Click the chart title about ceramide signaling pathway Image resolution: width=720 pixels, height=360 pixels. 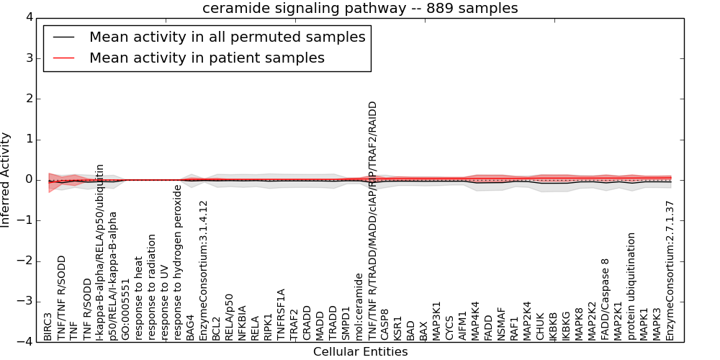click(x=360, y=8)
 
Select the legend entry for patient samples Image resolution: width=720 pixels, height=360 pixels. click(x=207, y=58)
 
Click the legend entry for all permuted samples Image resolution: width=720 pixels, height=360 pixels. click(x=227, y=37)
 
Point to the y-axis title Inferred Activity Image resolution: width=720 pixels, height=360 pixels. click(x=6, y=179)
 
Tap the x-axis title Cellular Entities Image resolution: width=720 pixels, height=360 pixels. click(x=360, y=352)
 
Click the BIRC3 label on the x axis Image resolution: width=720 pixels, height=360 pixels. click(x=48, y=327)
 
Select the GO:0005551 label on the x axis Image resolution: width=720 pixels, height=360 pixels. click(x=126, y=310)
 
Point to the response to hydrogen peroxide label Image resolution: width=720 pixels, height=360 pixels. click(x=178, y=262)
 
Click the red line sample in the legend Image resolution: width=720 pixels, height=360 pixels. click(x=63, y=58)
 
